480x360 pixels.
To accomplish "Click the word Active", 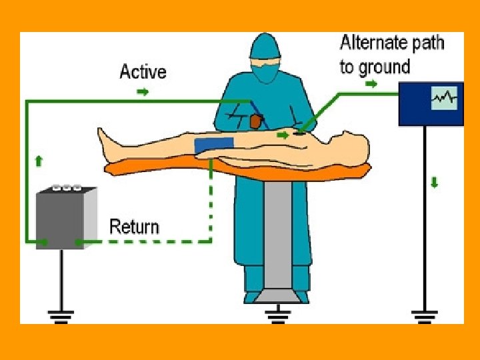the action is (143, 71).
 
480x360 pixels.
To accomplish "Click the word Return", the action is (134, 226).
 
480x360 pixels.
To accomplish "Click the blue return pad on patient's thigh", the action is (215, 145).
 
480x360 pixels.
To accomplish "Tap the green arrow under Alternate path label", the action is (371, 85).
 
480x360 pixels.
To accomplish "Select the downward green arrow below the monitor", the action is (435, 181).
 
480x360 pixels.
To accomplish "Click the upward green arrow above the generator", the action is (39, 160).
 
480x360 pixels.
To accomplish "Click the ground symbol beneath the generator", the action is (61, 315).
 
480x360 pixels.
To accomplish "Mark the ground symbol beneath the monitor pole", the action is (425, 315).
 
